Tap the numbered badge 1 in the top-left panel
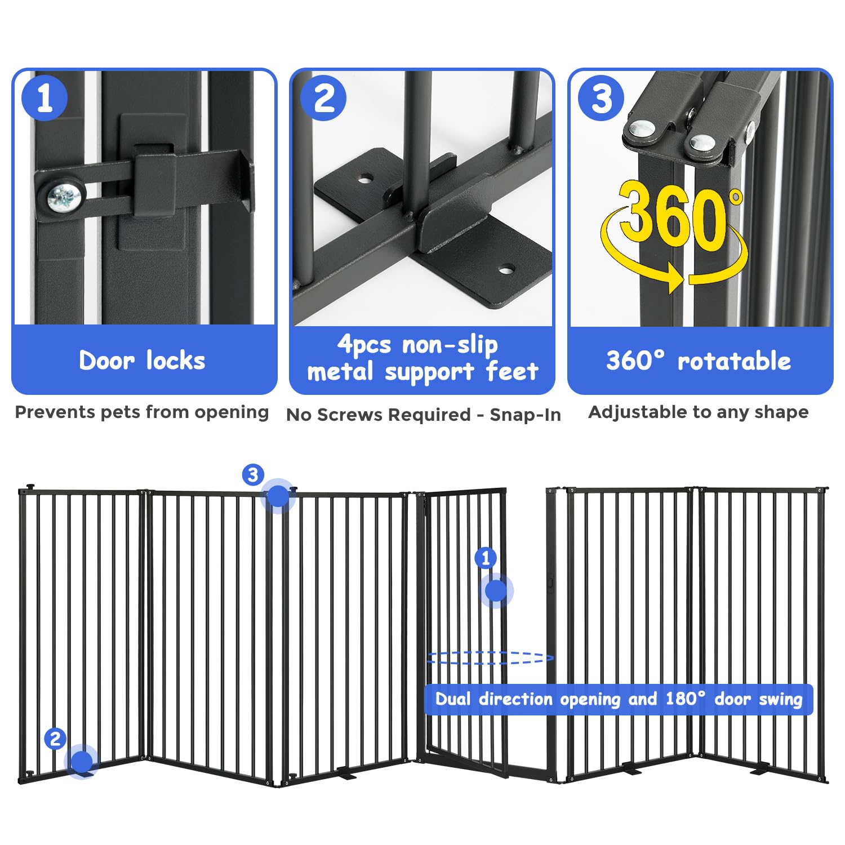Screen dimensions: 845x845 click(x=45, y=98)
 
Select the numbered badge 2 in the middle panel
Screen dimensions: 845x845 click(x=323, y=98)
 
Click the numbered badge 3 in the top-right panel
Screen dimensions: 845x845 click(x=601, y=98)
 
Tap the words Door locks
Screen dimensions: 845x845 click(x=142, y=361)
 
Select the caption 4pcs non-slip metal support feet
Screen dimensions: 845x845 click(x=422, y=358)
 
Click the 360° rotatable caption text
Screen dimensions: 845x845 click(x=699, y=361)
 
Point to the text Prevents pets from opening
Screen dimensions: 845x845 click(x=142, y=412)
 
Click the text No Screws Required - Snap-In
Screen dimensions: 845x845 click(x=424, y=415)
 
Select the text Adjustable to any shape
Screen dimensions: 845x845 click(x=699, y=412)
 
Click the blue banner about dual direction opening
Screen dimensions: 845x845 click(x=618, y=699)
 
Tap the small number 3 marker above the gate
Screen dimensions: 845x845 click(x=253, y=475)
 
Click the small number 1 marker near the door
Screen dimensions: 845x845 click(x=486, y=558)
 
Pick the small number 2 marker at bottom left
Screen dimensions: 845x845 click(x=55, y=739)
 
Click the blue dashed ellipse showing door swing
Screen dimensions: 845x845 click(x=490, y=657)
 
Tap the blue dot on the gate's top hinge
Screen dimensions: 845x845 click(x=277, y=496)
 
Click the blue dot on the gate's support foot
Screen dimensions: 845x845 click(x=82, y=763)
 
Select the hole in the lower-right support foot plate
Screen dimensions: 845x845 click(x=505, y=270)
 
